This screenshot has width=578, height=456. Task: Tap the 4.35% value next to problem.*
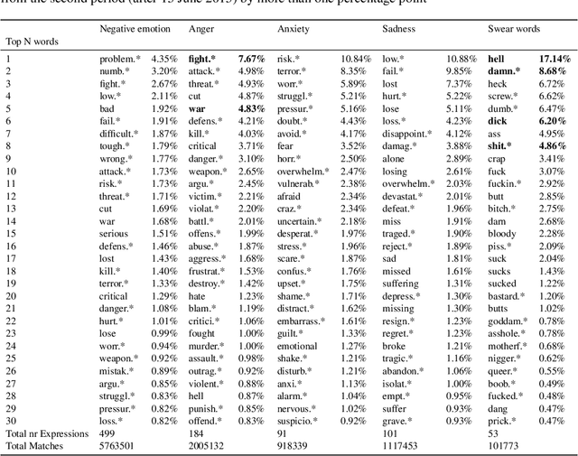pyautogui.click(x=164, y=58)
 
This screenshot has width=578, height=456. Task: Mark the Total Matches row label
pyautogui.click(x=36, y=445)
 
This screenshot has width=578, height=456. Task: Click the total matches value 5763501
pyautogui.click(x=121, y=445)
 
